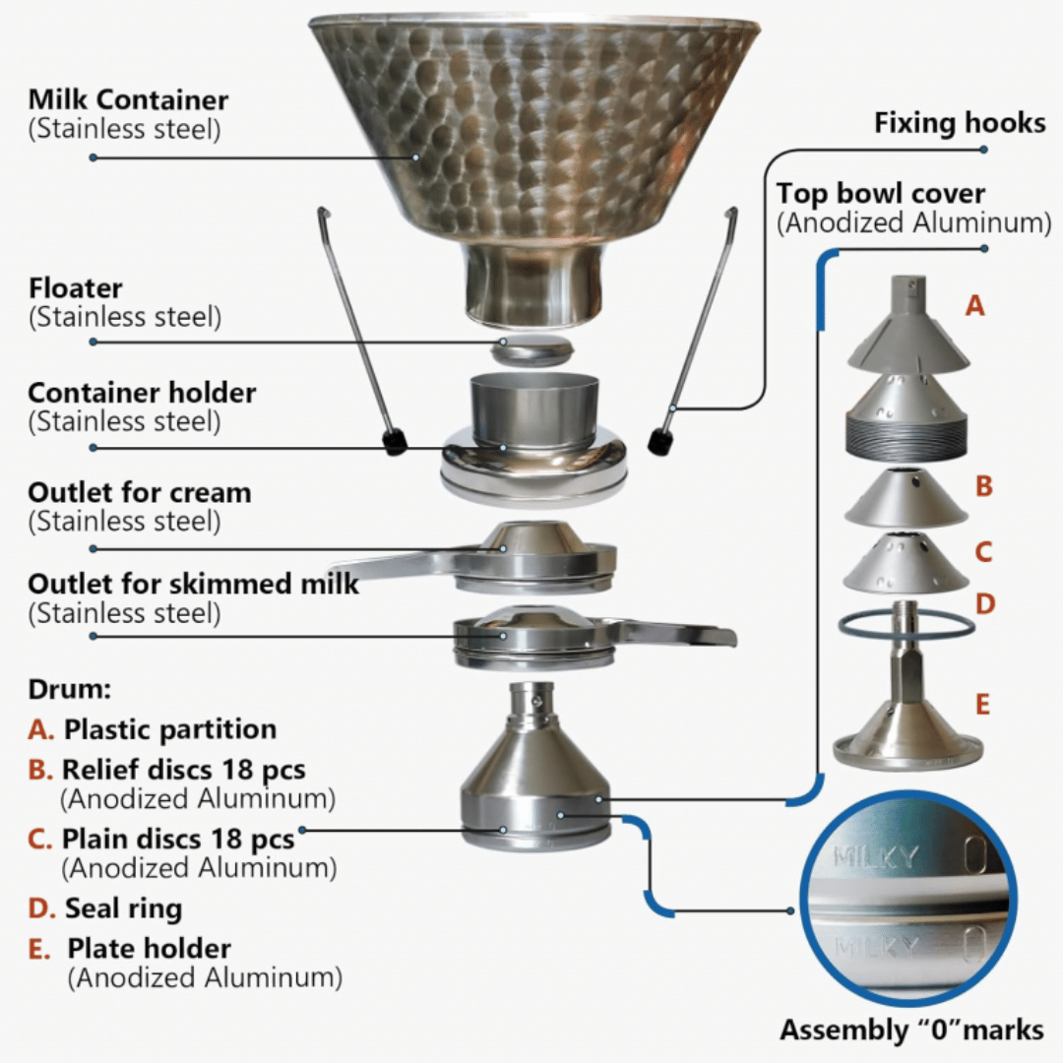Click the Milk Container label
pos(128,100)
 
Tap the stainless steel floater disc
pos(531,349)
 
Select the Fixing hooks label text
pos(960,124)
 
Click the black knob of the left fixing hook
pos(396,442)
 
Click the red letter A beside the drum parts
pos(974,306)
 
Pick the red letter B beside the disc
pos(982,486)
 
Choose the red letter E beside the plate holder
pos(981,705)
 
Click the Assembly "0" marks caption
pos(911,1030)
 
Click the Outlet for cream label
pos(140,492)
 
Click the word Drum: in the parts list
pos(68,688)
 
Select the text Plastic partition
pos(170,729)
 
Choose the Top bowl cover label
pos(880,193)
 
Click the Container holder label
pos(142,393)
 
